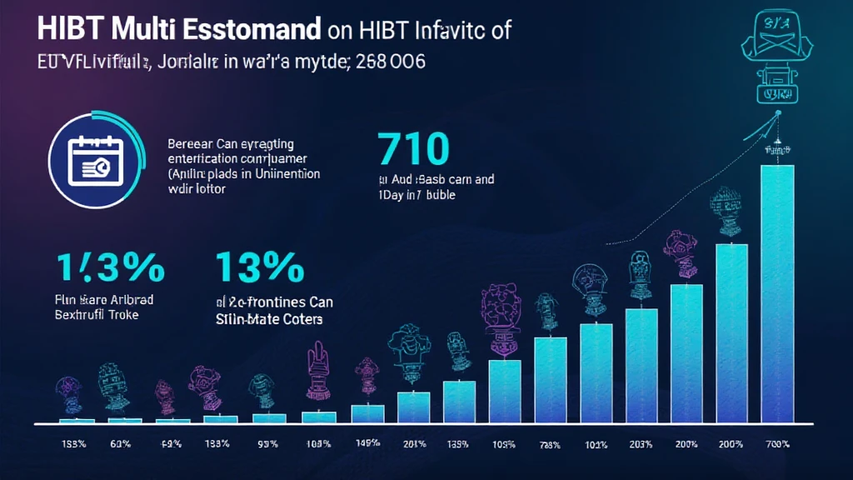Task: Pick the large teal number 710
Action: click(x=413, y=149)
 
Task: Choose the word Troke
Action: click(x=122, y=316)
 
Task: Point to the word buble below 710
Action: click(x=436, y=194)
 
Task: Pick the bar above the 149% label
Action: click(x=367, y=412)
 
